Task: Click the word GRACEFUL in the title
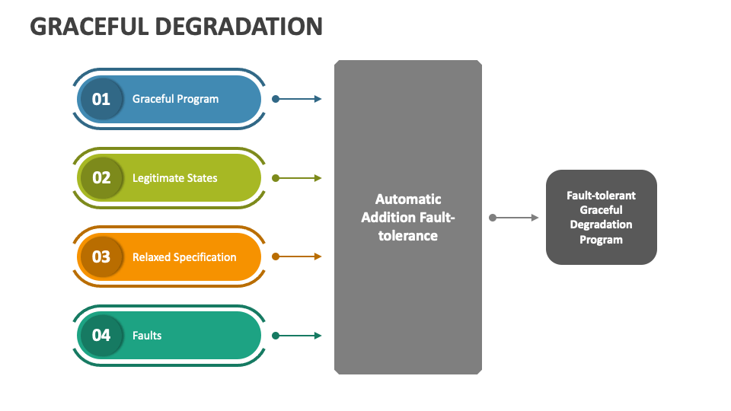click(89, 27)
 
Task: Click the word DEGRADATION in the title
click(238, 27)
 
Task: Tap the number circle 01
click(101, 99)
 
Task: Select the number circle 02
click(101, 177)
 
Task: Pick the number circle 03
click(101, 256)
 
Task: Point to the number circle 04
click(101, 335)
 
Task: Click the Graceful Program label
click(175, 99)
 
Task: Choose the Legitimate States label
click(175, 178)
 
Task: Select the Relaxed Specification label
click(184, 257)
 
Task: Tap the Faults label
click(147, 336)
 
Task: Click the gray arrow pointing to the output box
click(514, 218)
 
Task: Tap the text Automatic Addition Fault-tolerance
click(408, 217)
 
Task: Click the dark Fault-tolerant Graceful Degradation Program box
click(602, 217)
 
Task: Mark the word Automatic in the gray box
click(408, 199)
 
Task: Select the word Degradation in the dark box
click(601, 225)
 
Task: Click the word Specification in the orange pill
click(204, 257)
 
